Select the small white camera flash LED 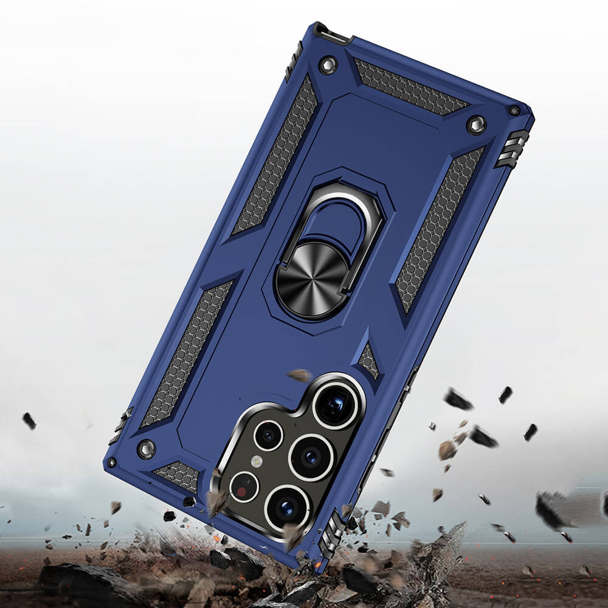[x=257, y=461]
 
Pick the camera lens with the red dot [x=244, y=486]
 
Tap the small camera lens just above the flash [x=268, y=435]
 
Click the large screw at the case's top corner [x=328, y=65]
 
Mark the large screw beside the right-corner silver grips [x=476, y=125]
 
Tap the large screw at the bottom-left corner [x=146, y=449]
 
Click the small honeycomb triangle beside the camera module [x=368, y=360]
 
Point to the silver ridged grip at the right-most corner [x=512, y=148]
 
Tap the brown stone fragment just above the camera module [x=299, y=375]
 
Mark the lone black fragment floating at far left [x=29, y=421]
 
